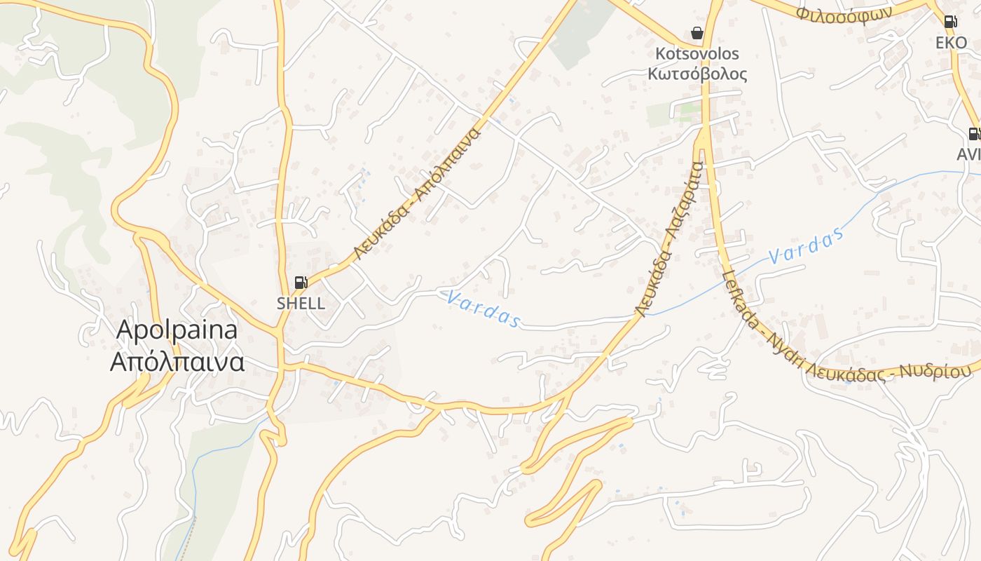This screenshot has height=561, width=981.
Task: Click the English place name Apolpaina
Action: pyautogui.click(x=177, y=330)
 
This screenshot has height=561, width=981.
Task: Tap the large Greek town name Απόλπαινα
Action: pyautogui.click(x=177, y=362)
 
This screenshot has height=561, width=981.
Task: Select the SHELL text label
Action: pyautogui.click(x=301, y=303)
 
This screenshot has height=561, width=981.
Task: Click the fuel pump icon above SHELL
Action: pyautogui.click(x=301, y=283)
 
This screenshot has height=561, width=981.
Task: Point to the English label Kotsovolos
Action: pyautogui.click(x=697, y=54)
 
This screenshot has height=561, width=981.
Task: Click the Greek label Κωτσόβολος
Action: pyautogui.click(x=697, y=74)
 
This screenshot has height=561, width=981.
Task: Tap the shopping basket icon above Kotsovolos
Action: pyautogui.click(x=697, y=33)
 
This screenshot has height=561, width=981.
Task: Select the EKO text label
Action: pyautogui.click(x=951, y=42)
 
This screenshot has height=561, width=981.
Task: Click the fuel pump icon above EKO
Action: pyautogui.click(x=950, y=22)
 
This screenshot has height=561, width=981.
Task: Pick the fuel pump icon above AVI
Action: pyautogui.click(x=974, y=133)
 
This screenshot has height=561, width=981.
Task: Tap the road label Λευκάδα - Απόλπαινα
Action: pyautogui.click(x=418, y=193)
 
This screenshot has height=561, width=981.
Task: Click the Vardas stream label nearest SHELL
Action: pyautogui.click(x=483, y=310)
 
